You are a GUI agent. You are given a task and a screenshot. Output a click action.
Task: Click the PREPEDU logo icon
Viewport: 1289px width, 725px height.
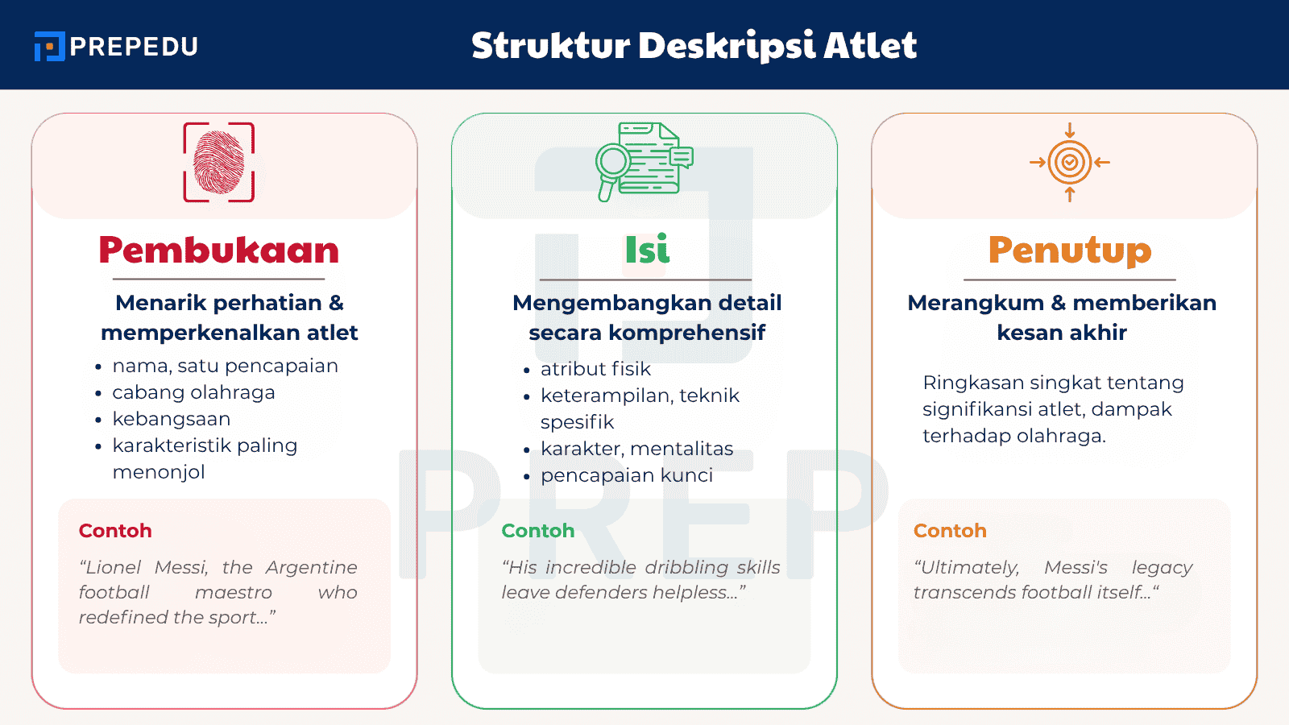[49, 47]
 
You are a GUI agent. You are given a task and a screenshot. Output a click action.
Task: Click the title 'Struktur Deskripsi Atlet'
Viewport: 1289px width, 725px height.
[694, 46]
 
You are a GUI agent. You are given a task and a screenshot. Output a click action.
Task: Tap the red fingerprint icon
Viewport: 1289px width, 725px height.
[218, 162]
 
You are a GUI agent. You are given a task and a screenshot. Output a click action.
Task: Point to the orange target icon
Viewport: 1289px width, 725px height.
[1069, 162]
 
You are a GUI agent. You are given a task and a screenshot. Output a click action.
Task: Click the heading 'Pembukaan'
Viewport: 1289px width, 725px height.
[218, 250]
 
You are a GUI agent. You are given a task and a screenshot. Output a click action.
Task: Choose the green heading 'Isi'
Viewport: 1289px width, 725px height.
[647, 250]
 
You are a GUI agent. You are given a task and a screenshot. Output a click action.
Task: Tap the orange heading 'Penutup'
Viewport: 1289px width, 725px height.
[1069, 250]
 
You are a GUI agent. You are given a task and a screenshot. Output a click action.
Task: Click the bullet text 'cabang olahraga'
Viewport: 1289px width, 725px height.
[193, 392]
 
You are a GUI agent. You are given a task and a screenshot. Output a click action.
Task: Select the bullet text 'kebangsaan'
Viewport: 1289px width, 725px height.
[172, 419]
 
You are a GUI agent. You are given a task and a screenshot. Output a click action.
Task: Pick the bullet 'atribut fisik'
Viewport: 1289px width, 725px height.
[595, 369]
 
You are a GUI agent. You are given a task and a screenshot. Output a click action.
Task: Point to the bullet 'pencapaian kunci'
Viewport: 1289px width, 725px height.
[627, 475]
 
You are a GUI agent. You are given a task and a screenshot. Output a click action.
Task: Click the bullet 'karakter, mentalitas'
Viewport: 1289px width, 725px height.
[636, 449]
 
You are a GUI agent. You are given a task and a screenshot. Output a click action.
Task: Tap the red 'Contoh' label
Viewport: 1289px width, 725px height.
[115, 531]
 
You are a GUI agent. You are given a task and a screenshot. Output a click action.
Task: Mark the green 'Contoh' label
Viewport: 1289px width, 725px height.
[538, 531]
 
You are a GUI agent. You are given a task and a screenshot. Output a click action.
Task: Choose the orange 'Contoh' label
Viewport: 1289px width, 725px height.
[950, 531]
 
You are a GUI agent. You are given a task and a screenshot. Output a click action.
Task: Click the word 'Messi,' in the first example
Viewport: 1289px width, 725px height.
[181, 568]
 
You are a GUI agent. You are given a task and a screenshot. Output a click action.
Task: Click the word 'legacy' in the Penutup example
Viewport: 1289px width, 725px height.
[1162, 568]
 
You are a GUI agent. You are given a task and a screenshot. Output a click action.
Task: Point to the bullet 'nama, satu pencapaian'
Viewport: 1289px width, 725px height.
[225, 366]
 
